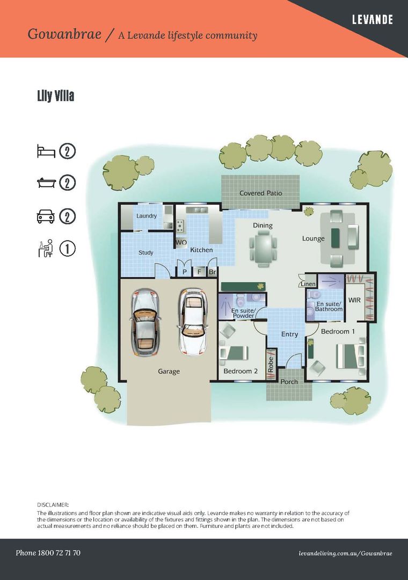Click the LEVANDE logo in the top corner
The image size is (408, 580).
coord(372,20)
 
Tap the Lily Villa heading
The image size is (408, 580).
coord(55,96)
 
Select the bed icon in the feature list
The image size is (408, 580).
coord(46,151)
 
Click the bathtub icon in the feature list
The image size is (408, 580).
coord(46,183)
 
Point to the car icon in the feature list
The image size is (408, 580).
coord(46,216)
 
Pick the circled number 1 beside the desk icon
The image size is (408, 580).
coord(67,249)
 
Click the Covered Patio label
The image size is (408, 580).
coord(260,193)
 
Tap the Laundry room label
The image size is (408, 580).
coord(147,216)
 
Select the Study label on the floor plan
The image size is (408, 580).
coord(145,252)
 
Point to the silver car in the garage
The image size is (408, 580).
coord(145,323)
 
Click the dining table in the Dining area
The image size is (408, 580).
coord(263,248)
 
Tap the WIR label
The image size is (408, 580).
coord(354,300)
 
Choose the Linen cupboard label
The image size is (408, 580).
coord(308,284)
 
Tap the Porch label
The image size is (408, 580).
coord(289,382)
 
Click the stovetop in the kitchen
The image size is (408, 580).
coord(180,225)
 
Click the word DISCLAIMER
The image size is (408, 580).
coord(53,504)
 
